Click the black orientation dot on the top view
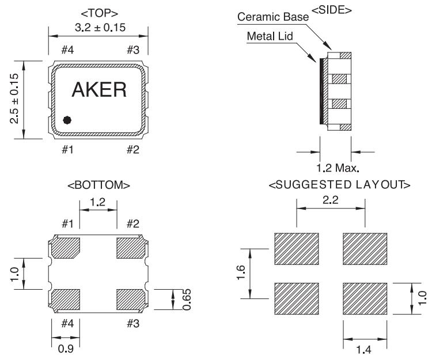coord(67,120)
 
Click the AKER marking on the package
coord(99,89)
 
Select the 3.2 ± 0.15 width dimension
coord(100,28)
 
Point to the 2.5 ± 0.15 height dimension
coord(14,98)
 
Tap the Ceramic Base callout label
coord(273,17)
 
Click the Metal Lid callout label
coord(270,36)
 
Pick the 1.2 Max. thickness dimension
coord(338,168)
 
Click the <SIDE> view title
coord(332,10)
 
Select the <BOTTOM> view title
coord(98,185)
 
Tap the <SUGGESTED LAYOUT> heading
coord(339,184)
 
